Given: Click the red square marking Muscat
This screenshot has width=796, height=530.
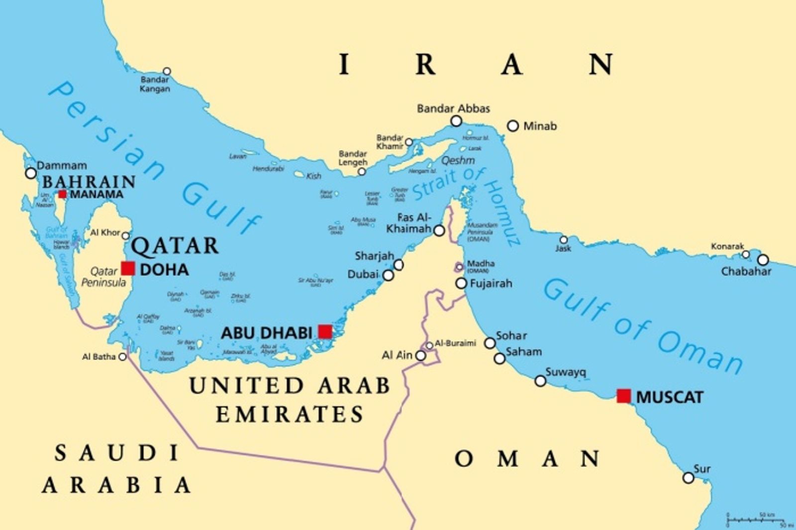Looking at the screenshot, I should [623, 396].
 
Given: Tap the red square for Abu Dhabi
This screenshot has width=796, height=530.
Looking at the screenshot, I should [325, 331].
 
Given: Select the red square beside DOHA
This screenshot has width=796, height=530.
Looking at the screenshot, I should [128, 268].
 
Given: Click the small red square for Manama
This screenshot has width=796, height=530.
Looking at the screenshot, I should [62, 194].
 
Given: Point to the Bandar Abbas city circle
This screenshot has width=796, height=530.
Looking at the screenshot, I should [456, 121].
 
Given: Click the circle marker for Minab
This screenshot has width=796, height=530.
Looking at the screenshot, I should [513, 126].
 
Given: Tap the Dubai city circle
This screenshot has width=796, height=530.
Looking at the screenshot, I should [388, 275].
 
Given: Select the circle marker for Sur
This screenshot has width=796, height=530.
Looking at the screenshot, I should [688, 478].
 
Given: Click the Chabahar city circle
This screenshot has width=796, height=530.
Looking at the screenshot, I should [763, 260].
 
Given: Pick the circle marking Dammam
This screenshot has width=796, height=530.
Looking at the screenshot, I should [31, 173].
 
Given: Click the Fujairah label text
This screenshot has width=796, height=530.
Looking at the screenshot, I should [491, 284].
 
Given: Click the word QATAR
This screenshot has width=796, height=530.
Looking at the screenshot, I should [175, 246].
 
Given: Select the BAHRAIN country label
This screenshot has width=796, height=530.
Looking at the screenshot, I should [89, 182].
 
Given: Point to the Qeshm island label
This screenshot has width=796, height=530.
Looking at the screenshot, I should [458, 160].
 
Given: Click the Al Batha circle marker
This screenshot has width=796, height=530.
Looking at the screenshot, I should [122, 357].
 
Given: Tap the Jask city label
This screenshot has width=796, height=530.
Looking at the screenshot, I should [563, 248].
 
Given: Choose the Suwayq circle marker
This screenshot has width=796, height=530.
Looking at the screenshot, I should [540, 381].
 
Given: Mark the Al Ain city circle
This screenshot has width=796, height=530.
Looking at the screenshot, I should [421, 356].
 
